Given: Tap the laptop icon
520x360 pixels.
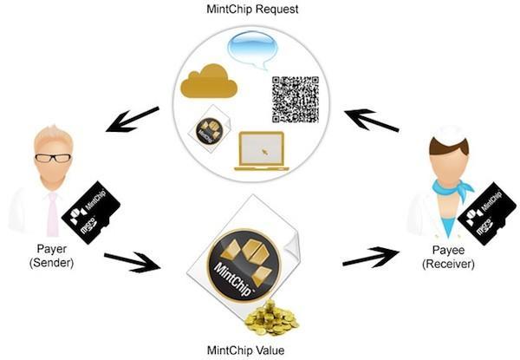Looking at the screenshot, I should (263, 151).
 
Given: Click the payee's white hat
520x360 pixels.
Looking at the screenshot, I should (449, 135).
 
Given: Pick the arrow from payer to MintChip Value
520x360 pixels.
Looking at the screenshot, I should (132, 260).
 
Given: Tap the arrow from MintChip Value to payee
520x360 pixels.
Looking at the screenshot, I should (372, 257).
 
